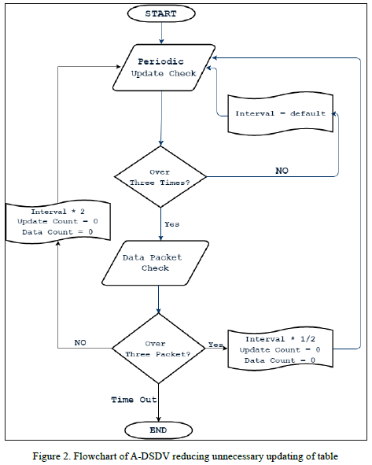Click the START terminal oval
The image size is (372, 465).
click(x=160, y=13)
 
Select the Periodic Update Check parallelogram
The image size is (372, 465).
click(x=161, y=67)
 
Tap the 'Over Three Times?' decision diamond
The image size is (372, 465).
click(x=160, y=177)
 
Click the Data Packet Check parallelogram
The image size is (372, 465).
click(x=156, y=263)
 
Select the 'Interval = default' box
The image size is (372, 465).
click(x=280, y=113)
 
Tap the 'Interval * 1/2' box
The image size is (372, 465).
click(x=280, y=350)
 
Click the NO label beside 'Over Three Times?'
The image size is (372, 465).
click(x=281, y=170)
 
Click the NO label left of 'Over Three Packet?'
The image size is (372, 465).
click(x=80, y=342)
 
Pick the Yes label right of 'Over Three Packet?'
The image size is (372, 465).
click(x=215, y=345)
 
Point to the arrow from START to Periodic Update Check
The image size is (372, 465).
click(x=160, y=32)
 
